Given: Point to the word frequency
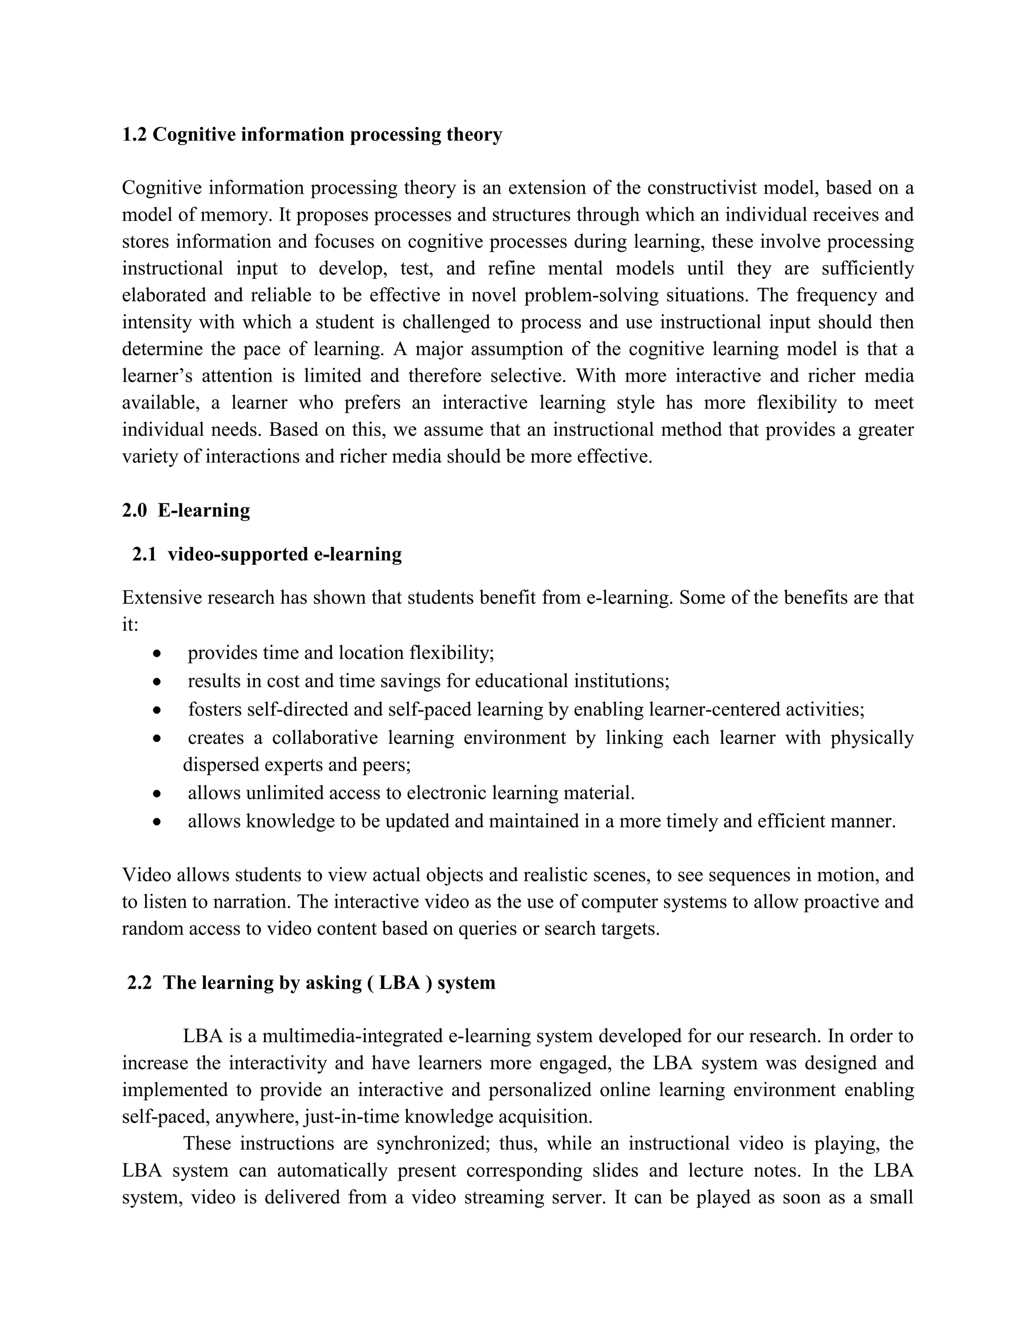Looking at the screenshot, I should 836,295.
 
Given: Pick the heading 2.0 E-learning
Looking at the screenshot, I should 186,511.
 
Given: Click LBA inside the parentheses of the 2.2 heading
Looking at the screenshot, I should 400,983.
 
